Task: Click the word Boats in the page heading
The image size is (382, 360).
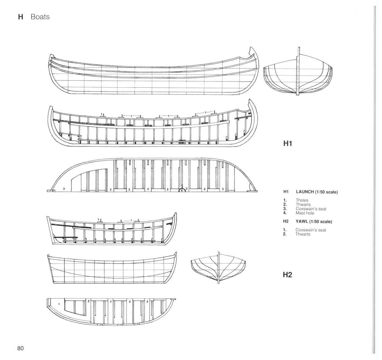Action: click(40, 17)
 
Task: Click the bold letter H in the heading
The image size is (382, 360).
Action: click(21, 17)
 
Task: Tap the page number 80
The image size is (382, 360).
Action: click(21, 348)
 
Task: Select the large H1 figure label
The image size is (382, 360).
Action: click(287, 143)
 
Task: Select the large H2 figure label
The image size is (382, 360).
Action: click(287, 275)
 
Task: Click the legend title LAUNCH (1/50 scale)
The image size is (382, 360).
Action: click(317, 192)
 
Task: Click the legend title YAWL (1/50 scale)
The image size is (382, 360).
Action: click(314, 222)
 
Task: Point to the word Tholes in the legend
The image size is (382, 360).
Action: click(302, 200)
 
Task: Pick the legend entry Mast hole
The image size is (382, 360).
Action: click(305, 213)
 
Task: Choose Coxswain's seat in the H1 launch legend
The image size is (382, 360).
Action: click(311, 209)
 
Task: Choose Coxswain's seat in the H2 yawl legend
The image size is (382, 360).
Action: click(311, 230)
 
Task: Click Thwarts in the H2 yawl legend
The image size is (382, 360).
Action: click(303, 234)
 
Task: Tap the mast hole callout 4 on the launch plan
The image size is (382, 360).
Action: click(181, 191)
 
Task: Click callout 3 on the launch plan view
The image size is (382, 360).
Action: click(64, 189)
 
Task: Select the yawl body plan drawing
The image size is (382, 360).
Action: click(218, 268)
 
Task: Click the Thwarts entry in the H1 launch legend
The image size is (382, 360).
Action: click(303, 205)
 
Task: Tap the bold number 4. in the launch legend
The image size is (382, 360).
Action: click(285, 213)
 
